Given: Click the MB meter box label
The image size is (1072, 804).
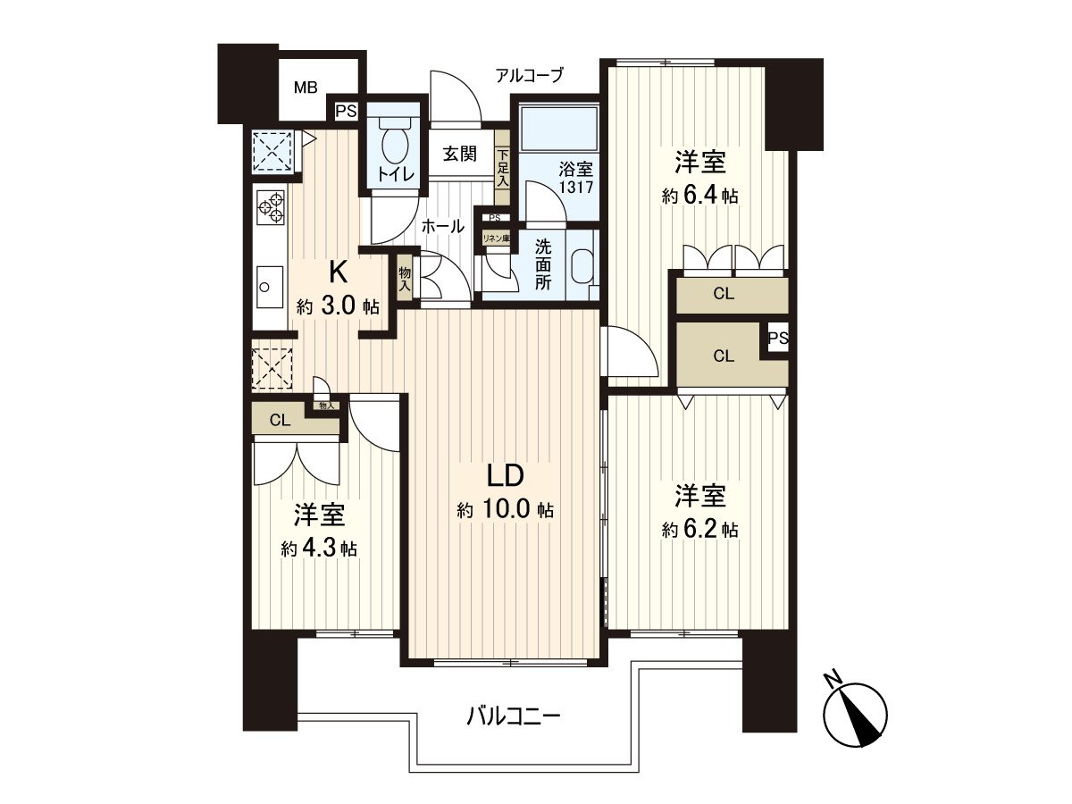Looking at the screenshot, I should coord(306,88).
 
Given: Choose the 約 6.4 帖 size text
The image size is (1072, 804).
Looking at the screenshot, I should coord(699,197).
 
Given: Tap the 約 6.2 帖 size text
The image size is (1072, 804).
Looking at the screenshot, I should coord(699,529).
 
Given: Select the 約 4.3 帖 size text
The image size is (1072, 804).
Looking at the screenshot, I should coord(319,549).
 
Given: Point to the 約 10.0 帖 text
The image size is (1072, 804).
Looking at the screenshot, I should coord(505,510).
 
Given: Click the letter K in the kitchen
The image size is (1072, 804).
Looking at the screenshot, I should coord(338,271).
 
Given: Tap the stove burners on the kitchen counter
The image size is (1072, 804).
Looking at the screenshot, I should coord(271,207).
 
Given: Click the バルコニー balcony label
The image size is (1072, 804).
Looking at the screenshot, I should coord(514,716).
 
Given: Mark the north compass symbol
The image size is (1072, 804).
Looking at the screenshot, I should coord(855,713).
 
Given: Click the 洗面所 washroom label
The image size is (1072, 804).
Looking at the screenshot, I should coord(543,264).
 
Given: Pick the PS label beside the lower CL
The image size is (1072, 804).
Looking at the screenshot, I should coord(777,339).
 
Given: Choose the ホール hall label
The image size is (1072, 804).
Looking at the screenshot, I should coord(442,227).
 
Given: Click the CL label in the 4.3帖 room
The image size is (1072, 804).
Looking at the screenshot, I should coord(280,421).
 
